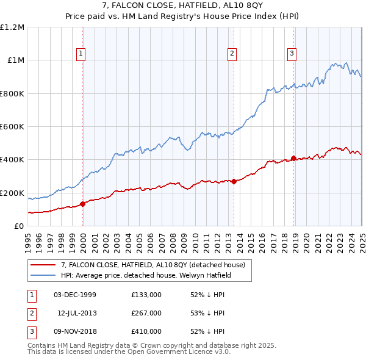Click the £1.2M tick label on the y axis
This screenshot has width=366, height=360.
coord(12,27)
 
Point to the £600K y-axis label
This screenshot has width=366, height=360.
coord(12,127)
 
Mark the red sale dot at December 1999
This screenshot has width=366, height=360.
coord(83,204)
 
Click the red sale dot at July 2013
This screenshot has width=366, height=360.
coord(234,181)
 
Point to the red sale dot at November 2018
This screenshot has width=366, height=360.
coord(293,158)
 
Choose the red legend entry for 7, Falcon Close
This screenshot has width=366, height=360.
coord(152,265)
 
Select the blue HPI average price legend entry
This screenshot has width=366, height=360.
coord(155,275)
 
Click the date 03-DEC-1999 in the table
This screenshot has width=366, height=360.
coord(75,295)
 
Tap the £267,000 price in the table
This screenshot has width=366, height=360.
coord(146,313)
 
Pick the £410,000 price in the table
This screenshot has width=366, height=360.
coord(146,331)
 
